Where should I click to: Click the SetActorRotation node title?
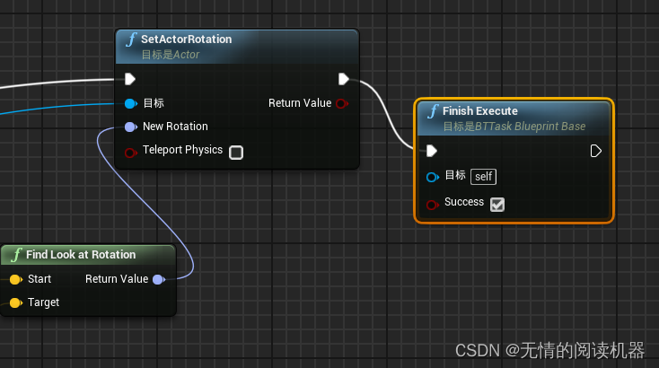(187, 39)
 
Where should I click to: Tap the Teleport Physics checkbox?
(236, 153)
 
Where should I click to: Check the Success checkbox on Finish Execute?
(497, 204)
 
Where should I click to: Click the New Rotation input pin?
(130, 127)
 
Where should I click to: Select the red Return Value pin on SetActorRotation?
(341, 103)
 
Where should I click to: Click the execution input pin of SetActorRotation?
(130, 79)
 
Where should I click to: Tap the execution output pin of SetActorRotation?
(344, 79)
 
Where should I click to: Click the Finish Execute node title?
(479, 111)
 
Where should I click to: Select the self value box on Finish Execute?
(484, 176)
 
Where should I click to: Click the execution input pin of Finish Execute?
(432, 151)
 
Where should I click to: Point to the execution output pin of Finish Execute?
(596, 151)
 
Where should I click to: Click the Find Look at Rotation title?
(81, 255)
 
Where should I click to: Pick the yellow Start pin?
(14, 279)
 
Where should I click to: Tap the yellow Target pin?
(14, 302)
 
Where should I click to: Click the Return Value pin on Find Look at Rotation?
(158, 279)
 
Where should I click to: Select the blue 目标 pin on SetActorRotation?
(130, 103)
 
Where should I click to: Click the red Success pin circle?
(432, 204)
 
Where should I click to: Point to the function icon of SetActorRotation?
(131, 39)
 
